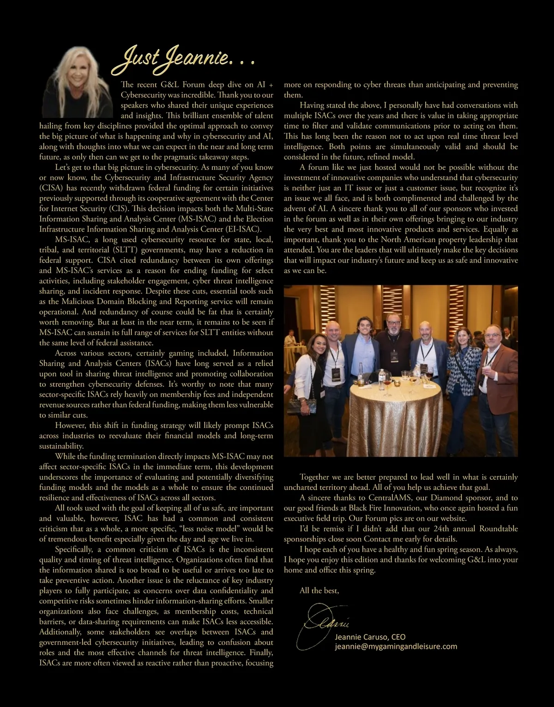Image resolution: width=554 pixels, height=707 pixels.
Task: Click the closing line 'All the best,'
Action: pyautogui.click(x=319, y=591)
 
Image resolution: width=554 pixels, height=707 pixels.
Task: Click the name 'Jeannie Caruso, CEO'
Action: pyautogui.click(x=370, y=637)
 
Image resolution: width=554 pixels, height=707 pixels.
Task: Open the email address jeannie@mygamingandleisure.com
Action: pyautogui.click(x=396, y=646)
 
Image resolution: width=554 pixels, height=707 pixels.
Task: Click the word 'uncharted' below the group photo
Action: pyautogui.click(x=301, y=488)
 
